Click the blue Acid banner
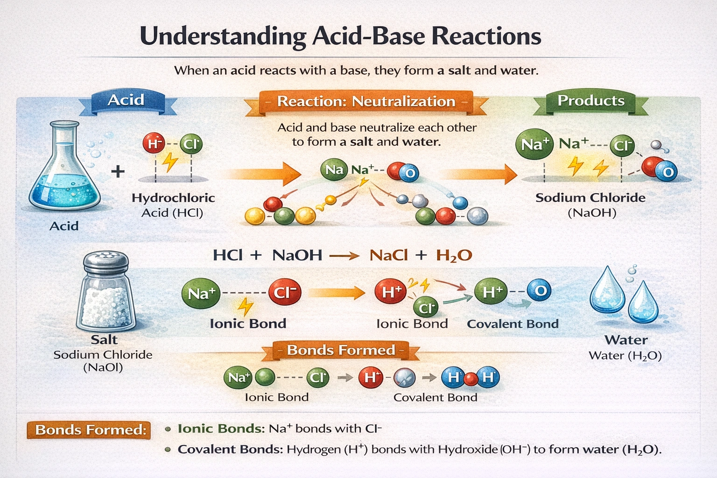[x=126, y=101]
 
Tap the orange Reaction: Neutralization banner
[x=366, y=102]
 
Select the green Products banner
[x=591, y=101]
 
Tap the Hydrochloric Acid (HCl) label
[x=173, y=205]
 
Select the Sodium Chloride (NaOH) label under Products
[x=591, y=205]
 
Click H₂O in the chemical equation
[x=454, y=255]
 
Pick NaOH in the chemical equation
[x=297, y=255]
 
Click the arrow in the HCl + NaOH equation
[x=344, y=256]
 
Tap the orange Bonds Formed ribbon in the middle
[x=341, y=350]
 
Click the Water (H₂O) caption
[x=626, y=356]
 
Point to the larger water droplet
[x=607, y=290]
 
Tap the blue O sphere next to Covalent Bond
[x=540, y=291]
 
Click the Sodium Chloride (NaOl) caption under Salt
[x=103, y=361]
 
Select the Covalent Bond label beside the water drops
[x=513, y=324]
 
